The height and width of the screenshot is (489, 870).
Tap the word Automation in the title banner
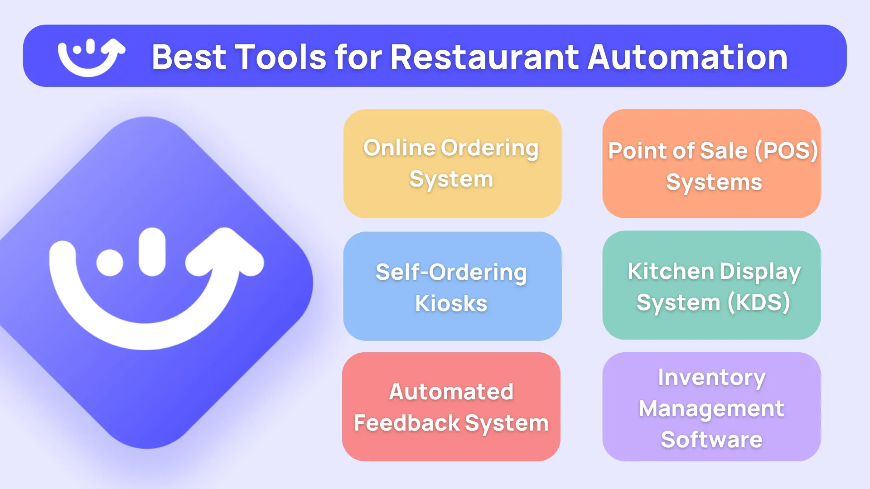click(687, 57)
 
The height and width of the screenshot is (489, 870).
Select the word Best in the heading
click(189, 57)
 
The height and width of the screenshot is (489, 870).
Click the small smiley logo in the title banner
click(91, 57)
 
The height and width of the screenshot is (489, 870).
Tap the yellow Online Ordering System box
click(452, 163)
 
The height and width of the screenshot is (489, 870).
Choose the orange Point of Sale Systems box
click(711, 163)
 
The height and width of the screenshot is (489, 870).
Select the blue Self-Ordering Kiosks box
click(452, 286)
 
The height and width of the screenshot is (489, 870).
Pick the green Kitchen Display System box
click(711, 285)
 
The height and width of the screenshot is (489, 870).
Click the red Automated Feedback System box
click(451, 407)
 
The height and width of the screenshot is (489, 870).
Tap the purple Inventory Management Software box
click(711, 407)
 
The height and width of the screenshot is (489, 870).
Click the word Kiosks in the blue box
click(451, 303)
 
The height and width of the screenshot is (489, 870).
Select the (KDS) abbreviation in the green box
click(759, 302)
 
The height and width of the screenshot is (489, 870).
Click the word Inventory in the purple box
click(711, 378)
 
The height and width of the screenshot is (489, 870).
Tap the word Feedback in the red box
click(407, 423)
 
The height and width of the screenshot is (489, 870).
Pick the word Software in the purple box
click(711, 440)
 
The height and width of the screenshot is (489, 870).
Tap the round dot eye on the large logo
click(110, 263)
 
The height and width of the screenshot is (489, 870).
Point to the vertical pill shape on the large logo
click(152, 252)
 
